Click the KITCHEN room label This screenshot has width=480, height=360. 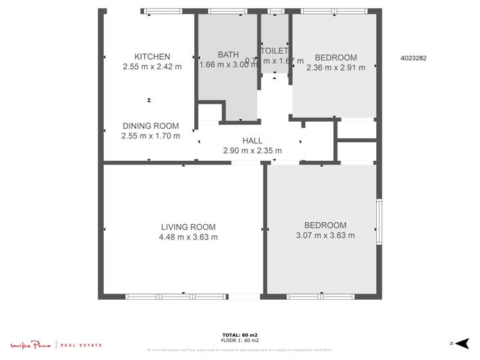point(152,56)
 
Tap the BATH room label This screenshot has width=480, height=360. point(228,54)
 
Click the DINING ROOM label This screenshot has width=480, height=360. point(151,126)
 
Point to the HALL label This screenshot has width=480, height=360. point(252,141)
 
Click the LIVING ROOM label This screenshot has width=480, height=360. point(188,227)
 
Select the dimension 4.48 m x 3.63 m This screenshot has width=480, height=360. point(188,237)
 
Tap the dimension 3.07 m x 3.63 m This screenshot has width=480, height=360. point(325,235)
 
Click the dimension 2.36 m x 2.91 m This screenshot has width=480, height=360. point(336,67)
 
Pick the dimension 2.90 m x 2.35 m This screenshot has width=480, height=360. point(252,151)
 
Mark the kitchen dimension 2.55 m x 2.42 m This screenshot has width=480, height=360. point(152,67)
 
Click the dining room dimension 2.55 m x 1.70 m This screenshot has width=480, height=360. point(151,136)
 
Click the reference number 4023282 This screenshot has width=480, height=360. point(413,58)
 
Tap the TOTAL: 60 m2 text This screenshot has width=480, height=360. point(240,335)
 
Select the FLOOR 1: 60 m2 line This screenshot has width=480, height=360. point(240,341)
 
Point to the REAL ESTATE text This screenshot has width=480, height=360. point(81,346)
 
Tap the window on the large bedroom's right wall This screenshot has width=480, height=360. point(379,222)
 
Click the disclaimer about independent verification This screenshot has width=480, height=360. point(240,350)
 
